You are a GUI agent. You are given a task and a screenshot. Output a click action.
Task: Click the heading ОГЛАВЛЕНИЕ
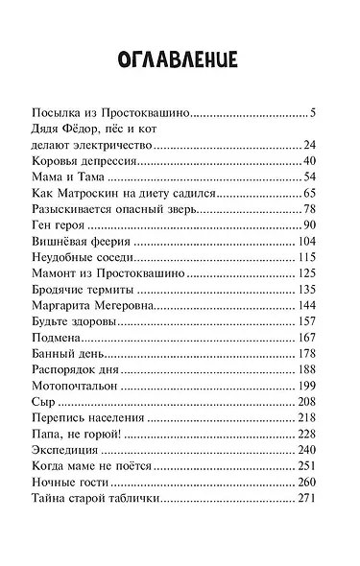[180, 59]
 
